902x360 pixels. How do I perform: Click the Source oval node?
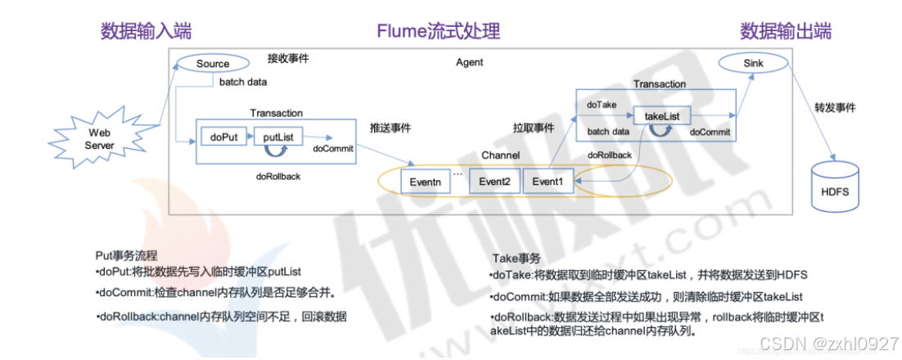(x=212, y=64)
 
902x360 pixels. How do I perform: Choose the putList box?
(x=278, y=137)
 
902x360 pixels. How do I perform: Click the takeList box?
(x=662, y=117)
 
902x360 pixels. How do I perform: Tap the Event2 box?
(x=494, y=182)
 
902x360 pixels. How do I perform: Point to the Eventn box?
(x=425, y=182)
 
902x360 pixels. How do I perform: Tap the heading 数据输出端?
(x=786, y=31)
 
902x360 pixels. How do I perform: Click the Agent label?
(x=469, y=62)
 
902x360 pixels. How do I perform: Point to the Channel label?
(x=501, y=155)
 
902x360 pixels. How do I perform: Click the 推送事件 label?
(x=390, y=128)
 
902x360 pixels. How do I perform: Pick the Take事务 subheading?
(x=517, y=257)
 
